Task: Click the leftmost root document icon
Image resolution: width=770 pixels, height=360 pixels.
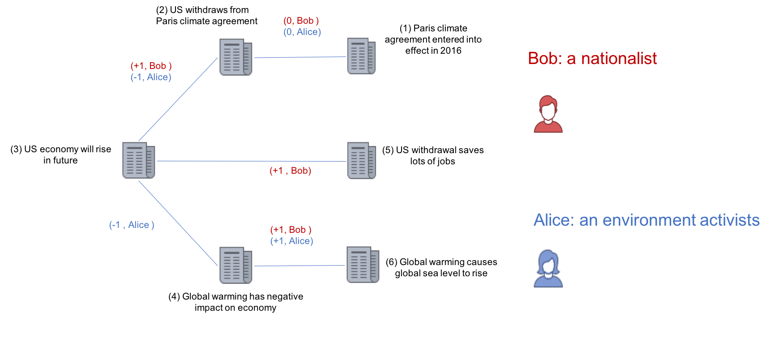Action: [x=139, y=160]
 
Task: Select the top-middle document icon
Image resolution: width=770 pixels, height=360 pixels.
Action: [x=235, y=57]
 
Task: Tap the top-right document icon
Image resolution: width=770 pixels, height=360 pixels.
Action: [x=361, y=56]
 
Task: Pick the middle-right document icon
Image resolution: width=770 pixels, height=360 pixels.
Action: [x=361, y=160]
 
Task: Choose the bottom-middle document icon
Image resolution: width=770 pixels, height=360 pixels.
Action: [x=235, y=265]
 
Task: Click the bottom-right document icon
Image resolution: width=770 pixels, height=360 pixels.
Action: [x=363, y=265]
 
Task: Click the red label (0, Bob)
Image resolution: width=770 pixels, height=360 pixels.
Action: [x=301, y=21]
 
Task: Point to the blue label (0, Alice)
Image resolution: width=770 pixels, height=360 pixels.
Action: [x=302, y=32]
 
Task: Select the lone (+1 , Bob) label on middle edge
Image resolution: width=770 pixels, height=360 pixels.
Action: [x=290, y=171]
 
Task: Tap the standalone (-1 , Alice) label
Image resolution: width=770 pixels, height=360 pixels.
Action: [x=132, y=225]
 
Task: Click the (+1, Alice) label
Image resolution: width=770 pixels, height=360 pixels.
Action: [x=291, y=241]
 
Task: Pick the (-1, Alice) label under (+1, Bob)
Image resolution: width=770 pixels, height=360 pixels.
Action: [x=151, y=77]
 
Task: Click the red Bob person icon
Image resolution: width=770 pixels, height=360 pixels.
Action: [x=548, y=114]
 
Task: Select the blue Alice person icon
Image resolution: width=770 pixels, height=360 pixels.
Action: [x=548, y=269]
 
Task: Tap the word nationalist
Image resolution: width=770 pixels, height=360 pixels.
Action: [x=619, y=59]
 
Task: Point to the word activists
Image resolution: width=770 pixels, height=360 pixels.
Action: [x=729, y=220]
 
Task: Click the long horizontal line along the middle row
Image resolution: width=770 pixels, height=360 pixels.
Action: [x=251, y=161]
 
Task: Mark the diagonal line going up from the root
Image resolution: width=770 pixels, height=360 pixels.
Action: [x=178, y=99]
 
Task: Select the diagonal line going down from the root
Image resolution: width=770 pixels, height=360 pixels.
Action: [x=178, y=223]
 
